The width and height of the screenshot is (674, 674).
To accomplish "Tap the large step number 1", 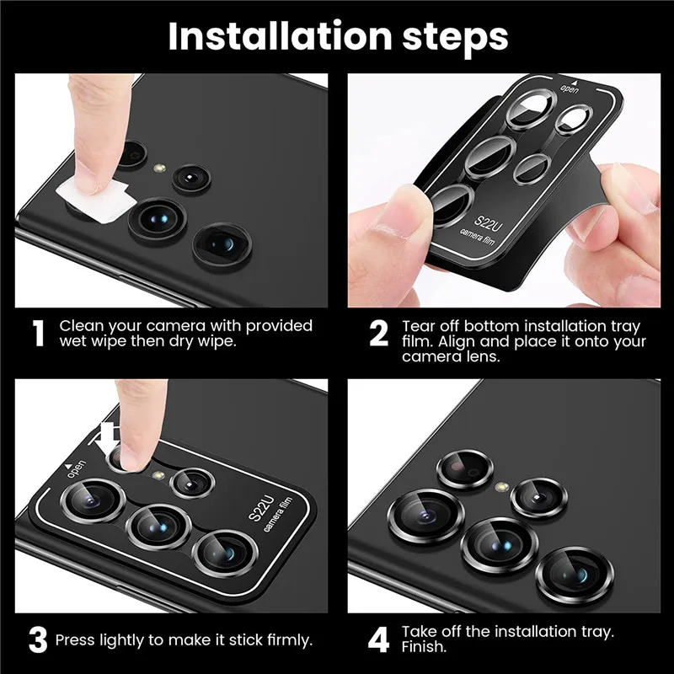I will point(38,334).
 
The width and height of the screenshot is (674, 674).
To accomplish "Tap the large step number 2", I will point(379,334).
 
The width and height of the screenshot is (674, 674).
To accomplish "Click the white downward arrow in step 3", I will point(108,436).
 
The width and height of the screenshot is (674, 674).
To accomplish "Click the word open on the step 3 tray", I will point(76,469).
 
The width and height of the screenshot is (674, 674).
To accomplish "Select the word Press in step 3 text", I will point(77,640).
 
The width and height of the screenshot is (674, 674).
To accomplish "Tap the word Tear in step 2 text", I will point(419,325).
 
